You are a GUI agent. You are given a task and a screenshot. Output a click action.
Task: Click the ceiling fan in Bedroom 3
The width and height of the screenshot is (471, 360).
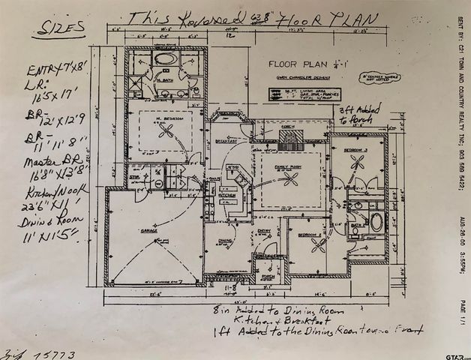[x=357, y=167]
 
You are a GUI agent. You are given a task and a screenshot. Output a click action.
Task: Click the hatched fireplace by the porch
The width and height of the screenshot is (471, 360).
[x=295, y=137]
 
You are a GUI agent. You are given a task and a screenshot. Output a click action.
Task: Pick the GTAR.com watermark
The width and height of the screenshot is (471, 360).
[x=451, y=353]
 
